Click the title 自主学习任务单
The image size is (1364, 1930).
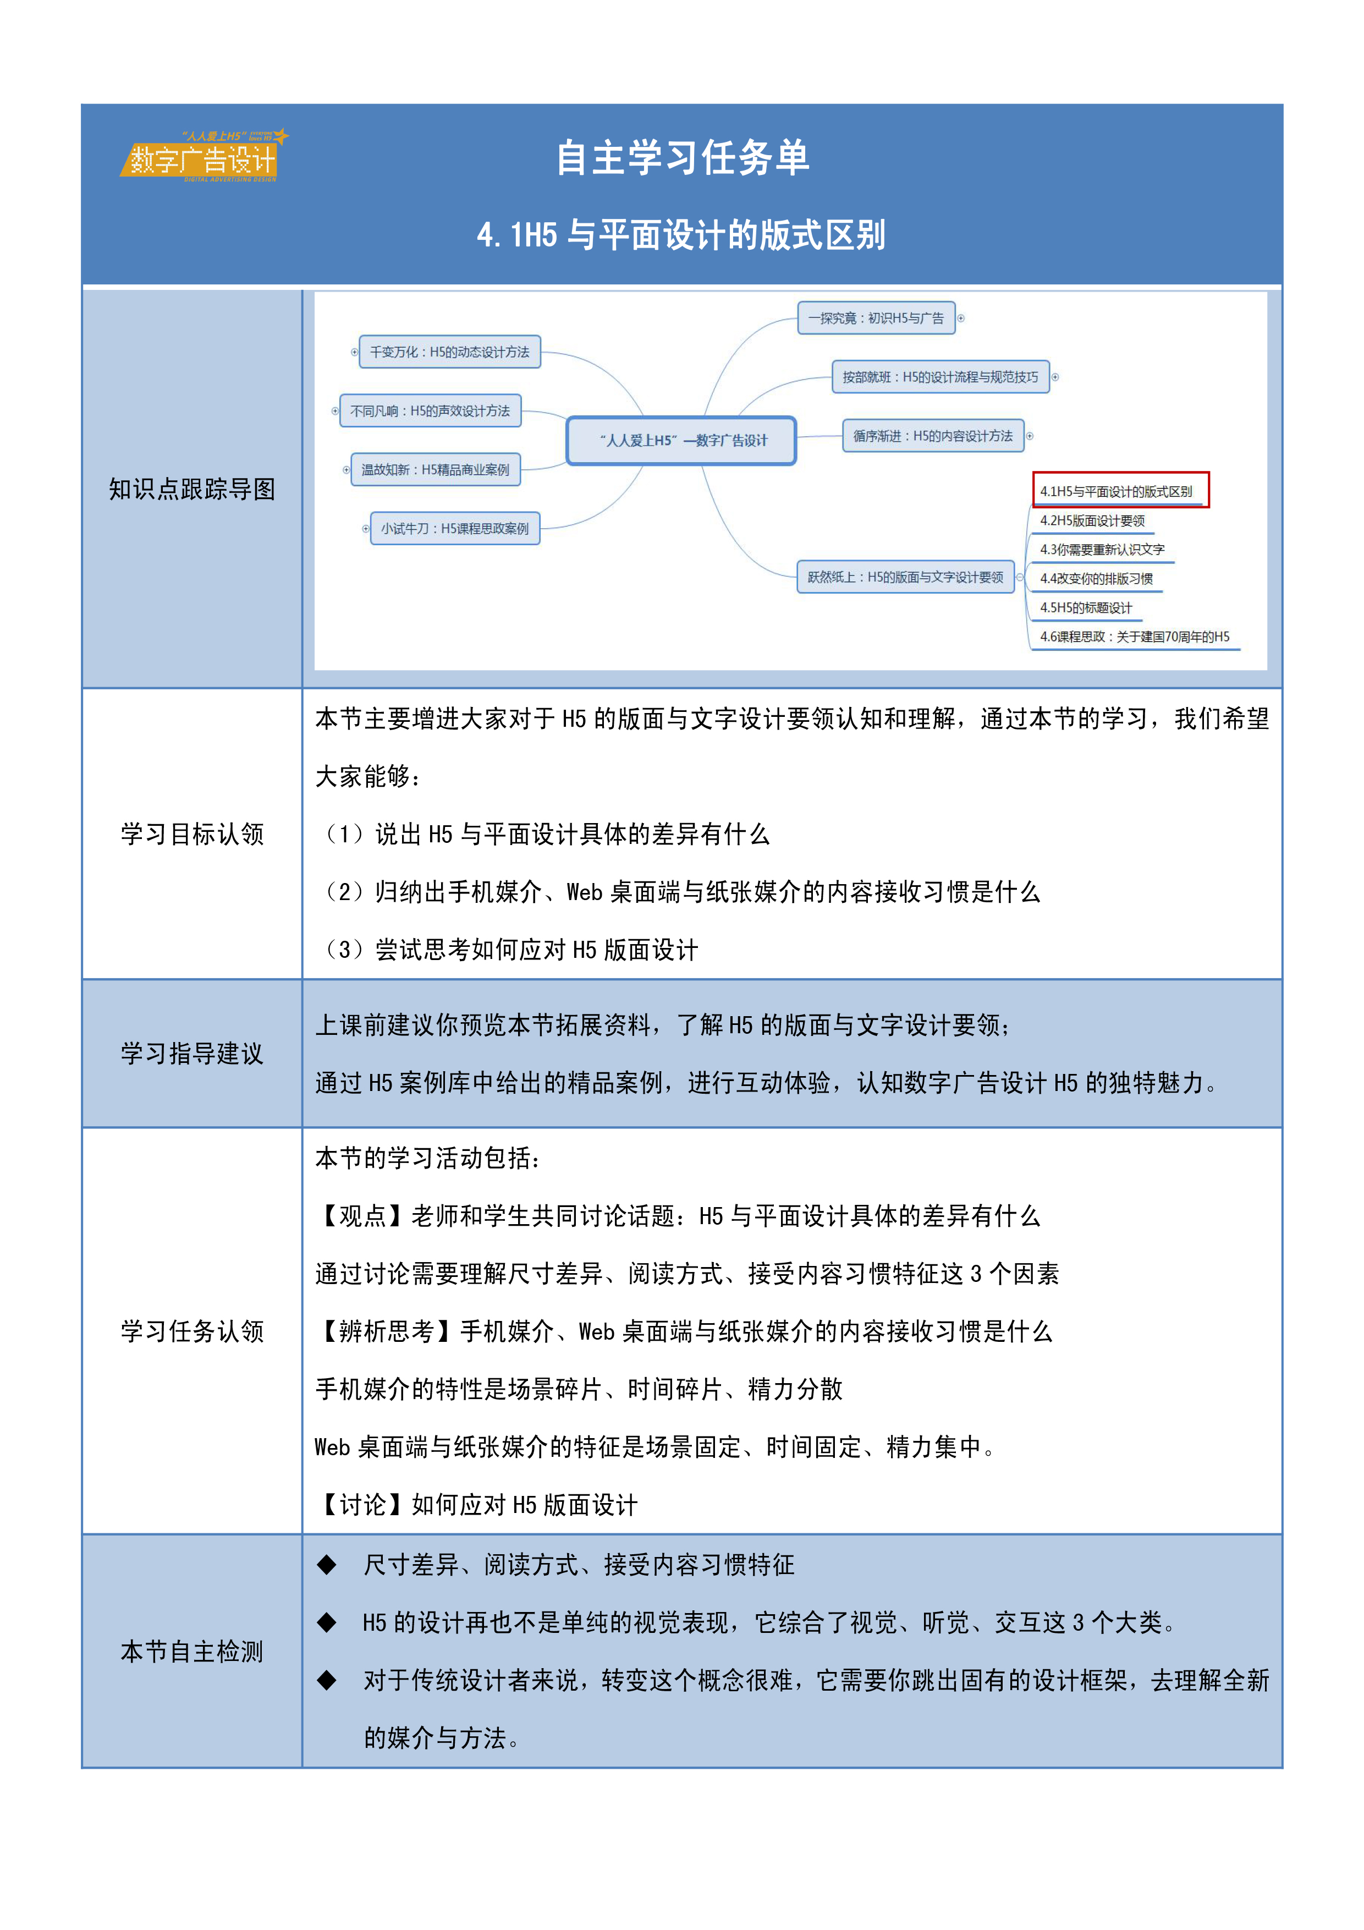click(x=683, y=158)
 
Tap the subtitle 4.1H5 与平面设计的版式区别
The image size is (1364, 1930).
click(x=681, y=235)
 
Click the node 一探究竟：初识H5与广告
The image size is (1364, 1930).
click(x=876, y=319)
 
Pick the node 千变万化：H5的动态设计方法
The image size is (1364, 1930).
click(x=449, y=352)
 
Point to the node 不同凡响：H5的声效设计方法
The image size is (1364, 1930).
click(x=430, y=411)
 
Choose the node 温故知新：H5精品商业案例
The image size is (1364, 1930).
click(x=436, y=470)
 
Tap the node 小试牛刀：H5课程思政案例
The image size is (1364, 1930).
click(x=455, y=529)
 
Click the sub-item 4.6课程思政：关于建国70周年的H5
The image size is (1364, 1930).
click(x=1135, y=637)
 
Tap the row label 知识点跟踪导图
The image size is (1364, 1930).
click(x=193, y=489)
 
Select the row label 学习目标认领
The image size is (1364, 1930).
click(x=193, y=834)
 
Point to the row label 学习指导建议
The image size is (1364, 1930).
click(x=193, y=1053)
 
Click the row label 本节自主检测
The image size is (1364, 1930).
click(x=193, y=1652)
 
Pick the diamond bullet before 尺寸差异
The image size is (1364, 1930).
click(x=326, y=1564)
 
